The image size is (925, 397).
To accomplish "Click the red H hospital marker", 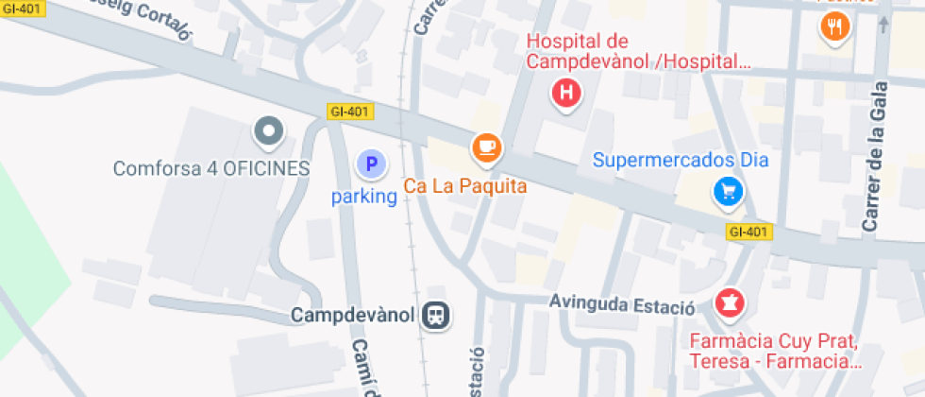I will click(x=565, y=93).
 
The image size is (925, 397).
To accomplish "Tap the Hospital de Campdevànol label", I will click(x=639, y=52).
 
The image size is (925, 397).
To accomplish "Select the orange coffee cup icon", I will click(x=486, y=147).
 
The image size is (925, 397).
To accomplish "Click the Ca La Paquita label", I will click(x=465, y=186).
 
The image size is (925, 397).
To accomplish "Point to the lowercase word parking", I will click(x=363, y=198).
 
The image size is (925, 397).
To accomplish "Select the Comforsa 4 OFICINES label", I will click(x=211, y=169).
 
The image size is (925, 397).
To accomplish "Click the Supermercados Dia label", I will click(x=681, y=160).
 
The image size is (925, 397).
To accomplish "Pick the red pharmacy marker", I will click(x=729, y=303).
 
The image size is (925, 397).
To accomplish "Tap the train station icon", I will click(x=436, y=315).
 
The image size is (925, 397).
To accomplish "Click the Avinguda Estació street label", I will click(x=623, y=307).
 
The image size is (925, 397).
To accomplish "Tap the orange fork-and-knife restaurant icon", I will click(x=833, y=27).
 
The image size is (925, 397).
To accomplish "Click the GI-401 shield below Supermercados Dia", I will click(x=750, y=232).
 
